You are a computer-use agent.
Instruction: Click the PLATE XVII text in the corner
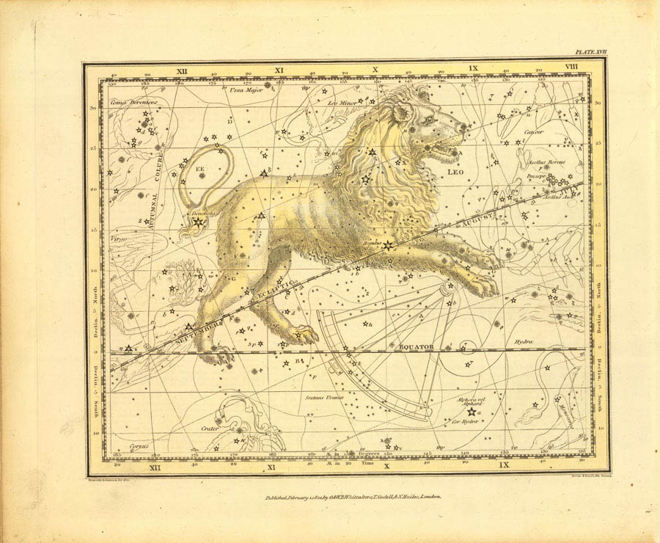[591, 53]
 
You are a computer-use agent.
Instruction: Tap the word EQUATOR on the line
[416, 345]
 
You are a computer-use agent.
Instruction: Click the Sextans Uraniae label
[323, 398]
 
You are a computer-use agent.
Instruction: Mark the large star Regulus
[387, 246]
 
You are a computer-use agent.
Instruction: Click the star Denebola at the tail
[197, 221]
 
